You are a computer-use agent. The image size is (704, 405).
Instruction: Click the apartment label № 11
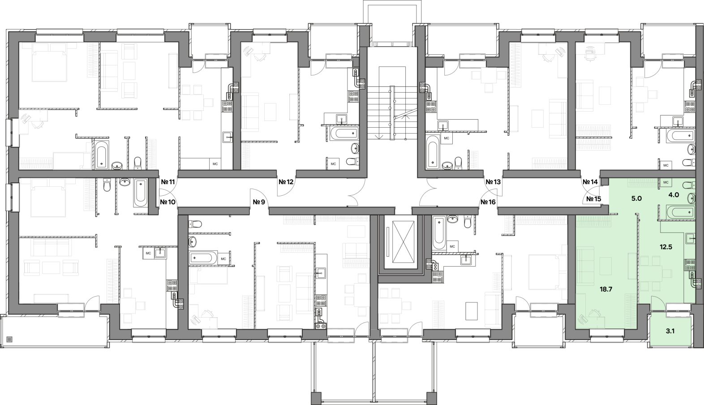pyautogui.click(x=168, y=182)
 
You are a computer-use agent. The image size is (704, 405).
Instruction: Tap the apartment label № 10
pyautogui.click(x=167, y=202)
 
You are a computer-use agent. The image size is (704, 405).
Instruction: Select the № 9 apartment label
pyautogui.click(x=259, y=202)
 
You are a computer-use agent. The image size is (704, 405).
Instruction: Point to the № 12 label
pyautogui.click(x=286, y=182)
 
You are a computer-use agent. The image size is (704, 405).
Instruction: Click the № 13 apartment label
pyautogui.click(x=493, y=182)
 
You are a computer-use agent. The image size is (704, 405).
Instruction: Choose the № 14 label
pyautogui.click(x=590, y=182)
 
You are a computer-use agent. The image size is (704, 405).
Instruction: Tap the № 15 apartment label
pyautogui.click(x=594, y=199)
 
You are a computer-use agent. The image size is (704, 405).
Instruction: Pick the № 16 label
pyautogui.click(x=488, y=202)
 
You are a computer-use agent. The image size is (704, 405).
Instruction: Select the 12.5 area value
pyautogui.click(x=665, y=247)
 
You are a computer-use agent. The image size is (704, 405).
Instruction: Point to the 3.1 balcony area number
pyautogui.click(x=670, y=331)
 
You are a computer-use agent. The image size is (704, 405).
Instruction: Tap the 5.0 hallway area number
pyautogui.click(x=636, y=198)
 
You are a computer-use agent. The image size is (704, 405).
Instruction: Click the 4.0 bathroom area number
pyautogui.click(x=674, y=194)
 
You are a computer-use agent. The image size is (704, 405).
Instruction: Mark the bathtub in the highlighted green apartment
pyautogui.click(x=680, y=212)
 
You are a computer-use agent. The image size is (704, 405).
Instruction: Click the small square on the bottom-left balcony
pyautogui.click(x=10, y=339)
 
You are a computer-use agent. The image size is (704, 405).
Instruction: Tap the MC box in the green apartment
pyautogui.click(x=665, y=182)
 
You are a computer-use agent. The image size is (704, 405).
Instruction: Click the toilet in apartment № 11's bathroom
pyautogui.click(x=137, y=163)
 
